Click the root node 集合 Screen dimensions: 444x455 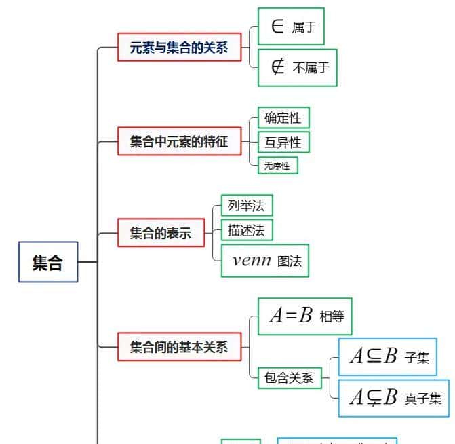[x=47, y=262]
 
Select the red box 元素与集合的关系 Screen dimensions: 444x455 [x=179, y=48]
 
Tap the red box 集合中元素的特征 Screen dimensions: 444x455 [x=179, y=142]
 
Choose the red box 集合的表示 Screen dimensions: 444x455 [x=161, y=234]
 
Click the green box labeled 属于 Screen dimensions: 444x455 [x=291, y=26]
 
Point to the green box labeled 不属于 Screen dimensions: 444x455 [x=297, y=67]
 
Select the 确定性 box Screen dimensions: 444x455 [x=283, y=117]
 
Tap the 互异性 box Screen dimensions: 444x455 [x=283, y=142]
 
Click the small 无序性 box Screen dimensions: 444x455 [x=277, y=165]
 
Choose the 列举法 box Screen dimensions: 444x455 [x=246, y=205]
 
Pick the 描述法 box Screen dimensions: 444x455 [x=246, y=230]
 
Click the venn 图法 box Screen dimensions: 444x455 [x=265, y=261]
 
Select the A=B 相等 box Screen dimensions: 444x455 [x=305, y=316]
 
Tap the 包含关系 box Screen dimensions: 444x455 [x=290, y=378]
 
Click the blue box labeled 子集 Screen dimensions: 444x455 [x=387, y=356]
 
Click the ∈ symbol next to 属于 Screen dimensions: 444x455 [x=277, y=26]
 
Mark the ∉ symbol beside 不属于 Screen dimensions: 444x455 [x=277, y=67]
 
